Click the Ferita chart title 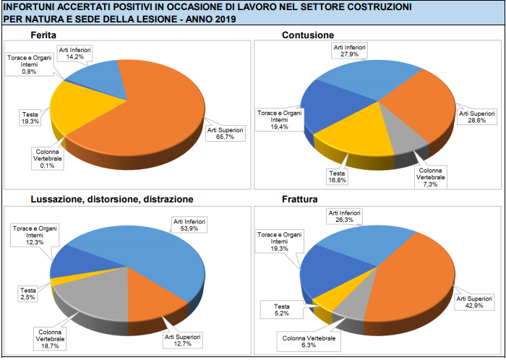tap(44, 35)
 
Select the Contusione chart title tap(307, 35)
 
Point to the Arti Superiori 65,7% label tap(225, 134)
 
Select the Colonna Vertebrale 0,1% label tap(47, 157)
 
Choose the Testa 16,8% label tap(337, 177)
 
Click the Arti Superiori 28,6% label tap(477, 117)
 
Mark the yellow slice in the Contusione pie tap(354, 134)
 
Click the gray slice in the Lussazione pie tap(94, 293)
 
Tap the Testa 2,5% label tap(27, 293)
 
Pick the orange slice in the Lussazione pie tap(152, 289)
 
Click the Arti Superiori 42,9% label tap(474, 301)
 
